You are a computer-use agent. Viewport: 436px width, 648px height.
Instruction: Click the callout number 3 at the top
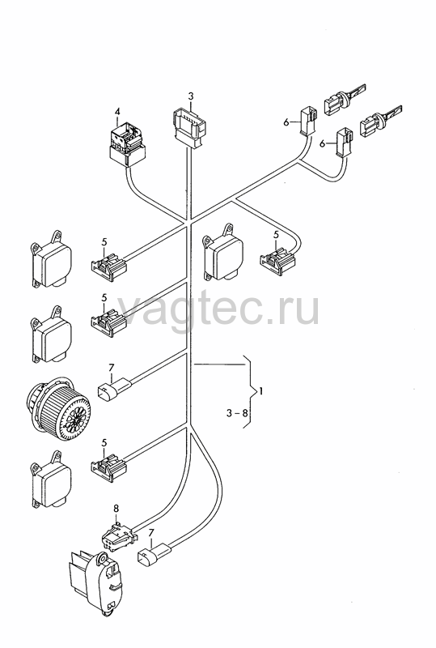(190, 96)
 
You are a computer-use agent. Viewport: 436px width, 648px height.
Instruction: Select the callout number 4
(117, 112)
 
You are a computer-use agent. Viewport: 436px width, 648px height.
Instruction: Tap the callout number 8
(116, 509)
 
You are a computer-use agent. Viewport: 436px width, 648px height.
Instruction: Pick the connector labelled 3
(189, 127)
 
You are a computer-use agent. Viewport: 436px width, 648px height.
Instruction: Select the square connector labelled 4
(127, 143)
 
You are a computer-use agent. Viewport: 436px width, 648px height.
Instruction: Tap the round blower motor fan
(58, 407)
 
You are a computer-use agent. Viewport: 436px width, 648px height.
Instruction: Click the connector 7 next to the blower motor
(114, 390)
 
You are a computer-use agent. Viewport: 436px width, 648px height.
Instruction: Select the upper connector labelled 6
(308, 121)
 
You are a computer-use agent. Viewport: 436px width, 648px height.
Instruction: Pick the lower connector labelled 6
(345, 143)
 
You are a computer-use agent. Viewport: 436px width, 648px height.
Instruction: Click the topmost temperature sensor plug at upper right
(345, 100)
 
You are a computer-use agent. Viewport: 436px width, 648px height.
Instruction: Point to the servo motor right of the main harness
(222, 253)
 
